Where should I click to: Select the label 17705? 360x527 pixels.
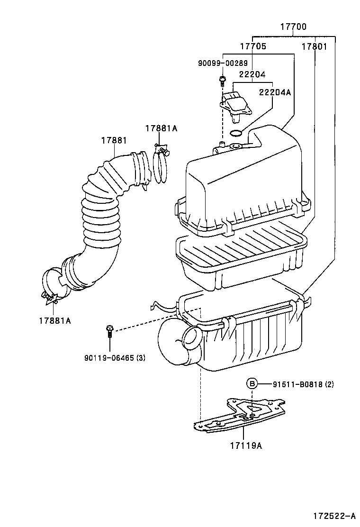pos(252,46)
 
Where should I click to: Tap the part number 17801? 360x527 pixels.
pos(315,46)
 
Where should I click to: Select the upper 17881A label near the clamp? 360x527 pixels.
pos(161,128)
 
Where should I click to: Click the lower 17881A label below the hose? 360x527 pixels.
pos(54,320)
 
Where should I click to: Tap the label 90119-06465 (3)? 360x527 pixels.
pos(115,358)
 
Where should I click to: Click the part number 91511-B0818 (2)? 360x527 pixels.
pos(303,384)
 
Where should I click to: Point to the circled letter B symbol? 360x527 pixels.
pos(252,384)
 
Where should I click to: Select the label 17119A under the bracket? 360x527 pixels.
pos(246,445)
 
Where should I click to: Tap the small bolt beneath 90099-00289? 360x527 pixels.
pos(222,79)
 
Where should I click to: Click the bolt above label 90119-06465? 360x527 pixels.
pos(110,330)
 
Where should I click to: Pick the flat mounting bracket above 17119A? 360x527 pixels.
pos(242,414)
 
